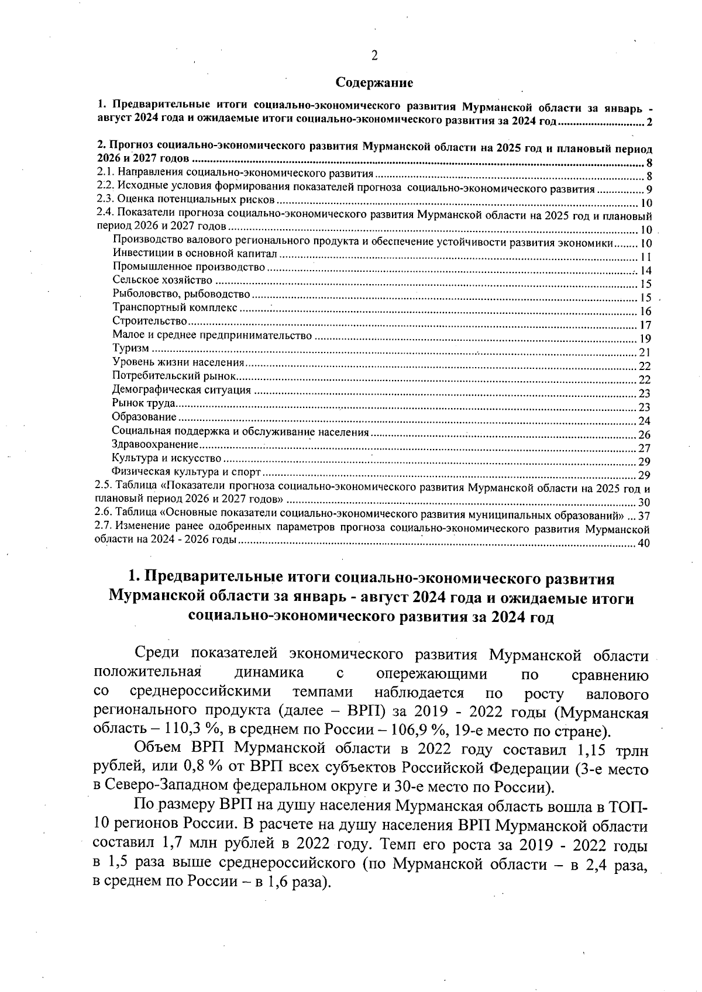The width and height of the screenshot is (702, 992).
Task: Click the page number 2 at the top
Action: [374, 56]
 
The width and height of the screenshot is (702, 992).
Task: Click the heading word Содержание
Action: [374, 83]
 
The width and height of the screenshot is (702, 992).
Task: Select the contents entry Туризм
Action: [130, 349]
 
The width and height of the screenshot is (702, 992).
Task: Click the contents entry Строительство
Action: [150, 322]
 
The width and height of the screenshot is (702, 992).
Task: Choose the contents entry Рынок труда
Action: [144, 403]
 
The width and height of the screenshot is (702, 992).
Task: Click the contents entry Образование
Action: [144, 417]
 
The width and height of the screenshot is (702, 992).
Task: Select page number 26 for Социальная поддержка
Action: [645, 435]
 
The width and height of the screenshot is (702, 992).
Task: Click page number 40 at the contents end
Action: [645, 544]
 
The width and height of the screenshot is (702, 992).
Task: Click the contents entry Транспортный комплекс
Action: [175, 307]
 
